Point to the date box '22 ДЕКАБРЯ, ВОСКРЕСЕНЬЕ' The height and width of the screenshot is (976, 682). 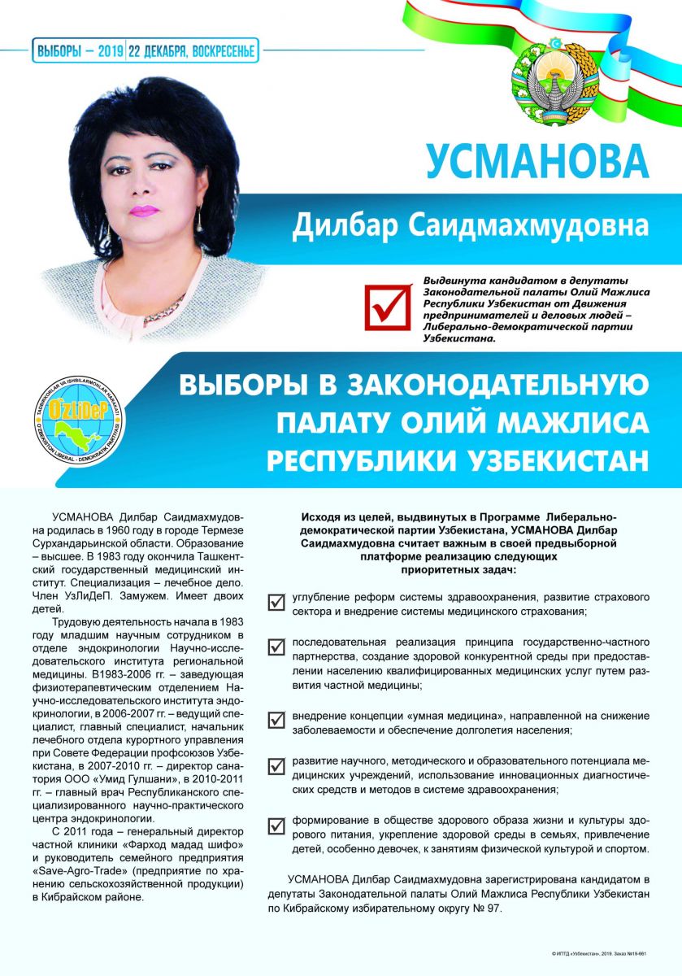tap(193, 51)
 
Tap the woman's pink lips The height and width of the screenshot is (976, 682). tap(144, 210)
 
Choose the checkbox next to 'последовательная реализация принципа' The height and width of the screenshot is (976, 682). tap(276, 647)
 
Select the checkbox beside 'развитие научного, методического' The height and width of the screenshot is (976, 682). tap(276, 764)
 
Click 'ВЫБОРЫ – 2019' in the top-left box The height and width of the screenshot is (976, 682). tap(79, 51)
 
